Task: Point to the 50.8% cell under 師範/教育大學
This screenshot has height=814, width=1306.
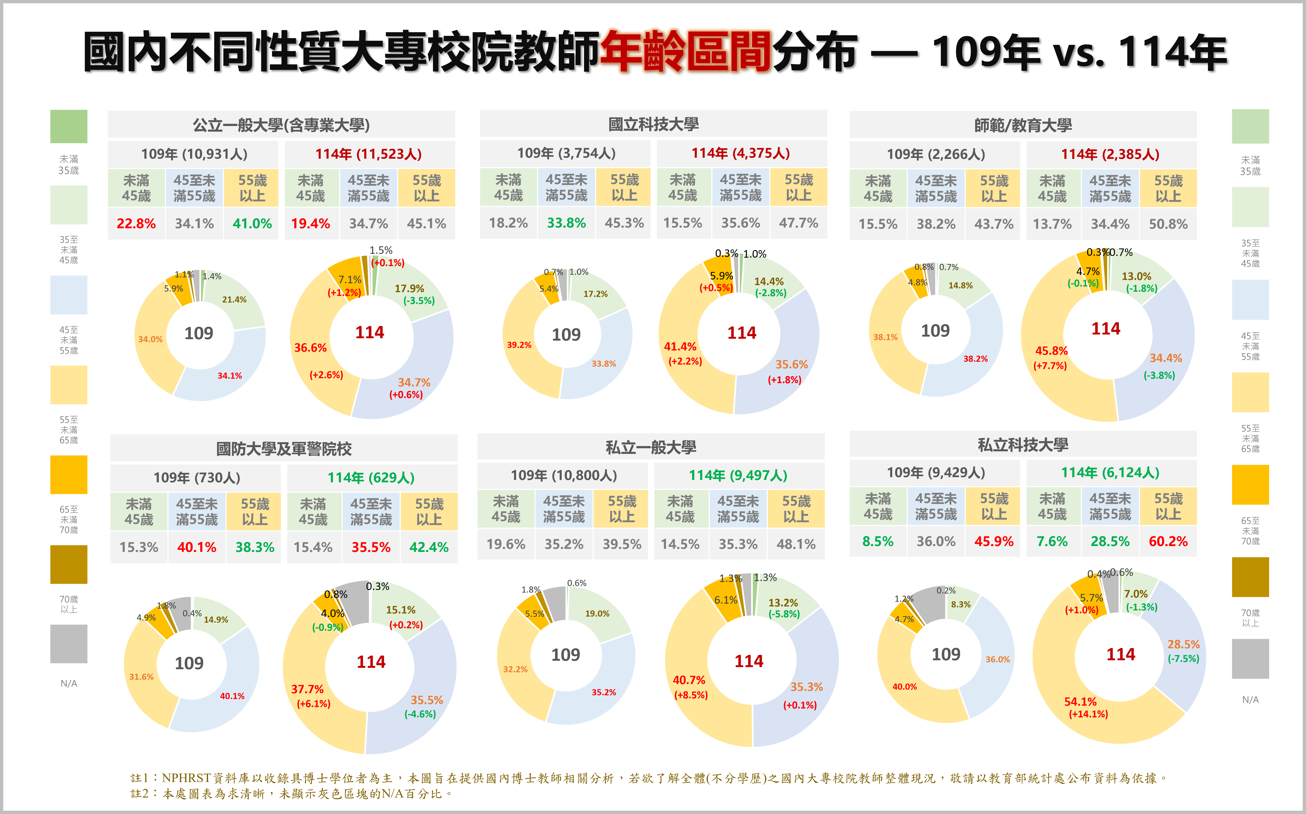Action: click(x=1167, y=224)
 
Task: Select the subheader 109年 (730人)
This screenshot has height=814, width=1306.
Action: click(x=197, y=478)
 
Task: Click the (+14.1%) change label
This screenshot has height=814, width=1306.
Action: click(x=1088, y=714)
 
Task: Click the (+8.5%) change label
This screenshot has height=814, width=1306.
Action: click(x=690, y=695)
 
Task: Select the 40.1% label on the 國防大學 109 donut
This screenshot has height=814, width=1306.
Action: click(x=232, y=696)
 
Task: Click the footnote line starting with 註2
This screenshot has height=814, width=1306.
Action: click(x=291, y=794)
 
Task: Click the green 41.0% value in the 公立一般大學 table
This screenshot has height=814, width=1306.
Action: click(x=252, y=223)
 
